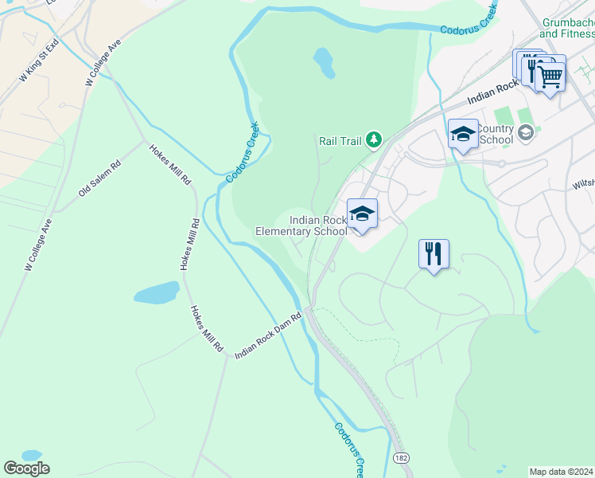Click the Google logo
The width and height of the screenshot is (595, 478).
[x=26, y=468]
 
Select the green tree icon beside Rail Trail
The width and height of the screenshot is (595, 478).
[x=373, y=141]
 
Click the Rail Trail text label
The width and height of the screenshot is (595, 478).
[x=340, y=141]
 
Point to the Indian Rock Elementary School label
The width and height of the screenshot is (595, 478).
[x=301, y=225]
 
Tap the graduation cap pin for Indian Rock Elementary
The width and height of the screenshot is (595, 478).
[x=362, y=214]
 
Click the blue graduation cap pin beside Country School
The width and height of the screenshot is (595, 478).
[x=463, y=133]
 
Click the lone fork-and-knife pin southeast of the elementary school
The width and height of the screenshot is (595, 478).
[x=434, y=254]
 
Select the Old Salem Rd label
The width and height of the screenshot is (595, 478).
[x=99, y=179]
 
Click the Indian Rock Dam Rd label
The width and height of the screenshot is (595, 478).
[x=269, y=335]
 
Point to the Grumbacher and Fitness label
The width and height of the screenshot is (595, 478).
[x=567, y=29]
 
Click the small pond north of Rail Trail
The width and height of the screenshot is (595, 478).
[x=324, y=62]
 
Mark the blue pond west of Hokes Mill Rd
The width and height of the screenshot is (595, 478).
[x=156, y=292]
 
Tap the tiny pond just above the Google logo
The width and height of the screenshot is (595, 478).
[x=32, y=455]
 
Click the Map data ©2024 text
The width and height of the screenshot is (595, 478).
[x=562, y=472]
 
